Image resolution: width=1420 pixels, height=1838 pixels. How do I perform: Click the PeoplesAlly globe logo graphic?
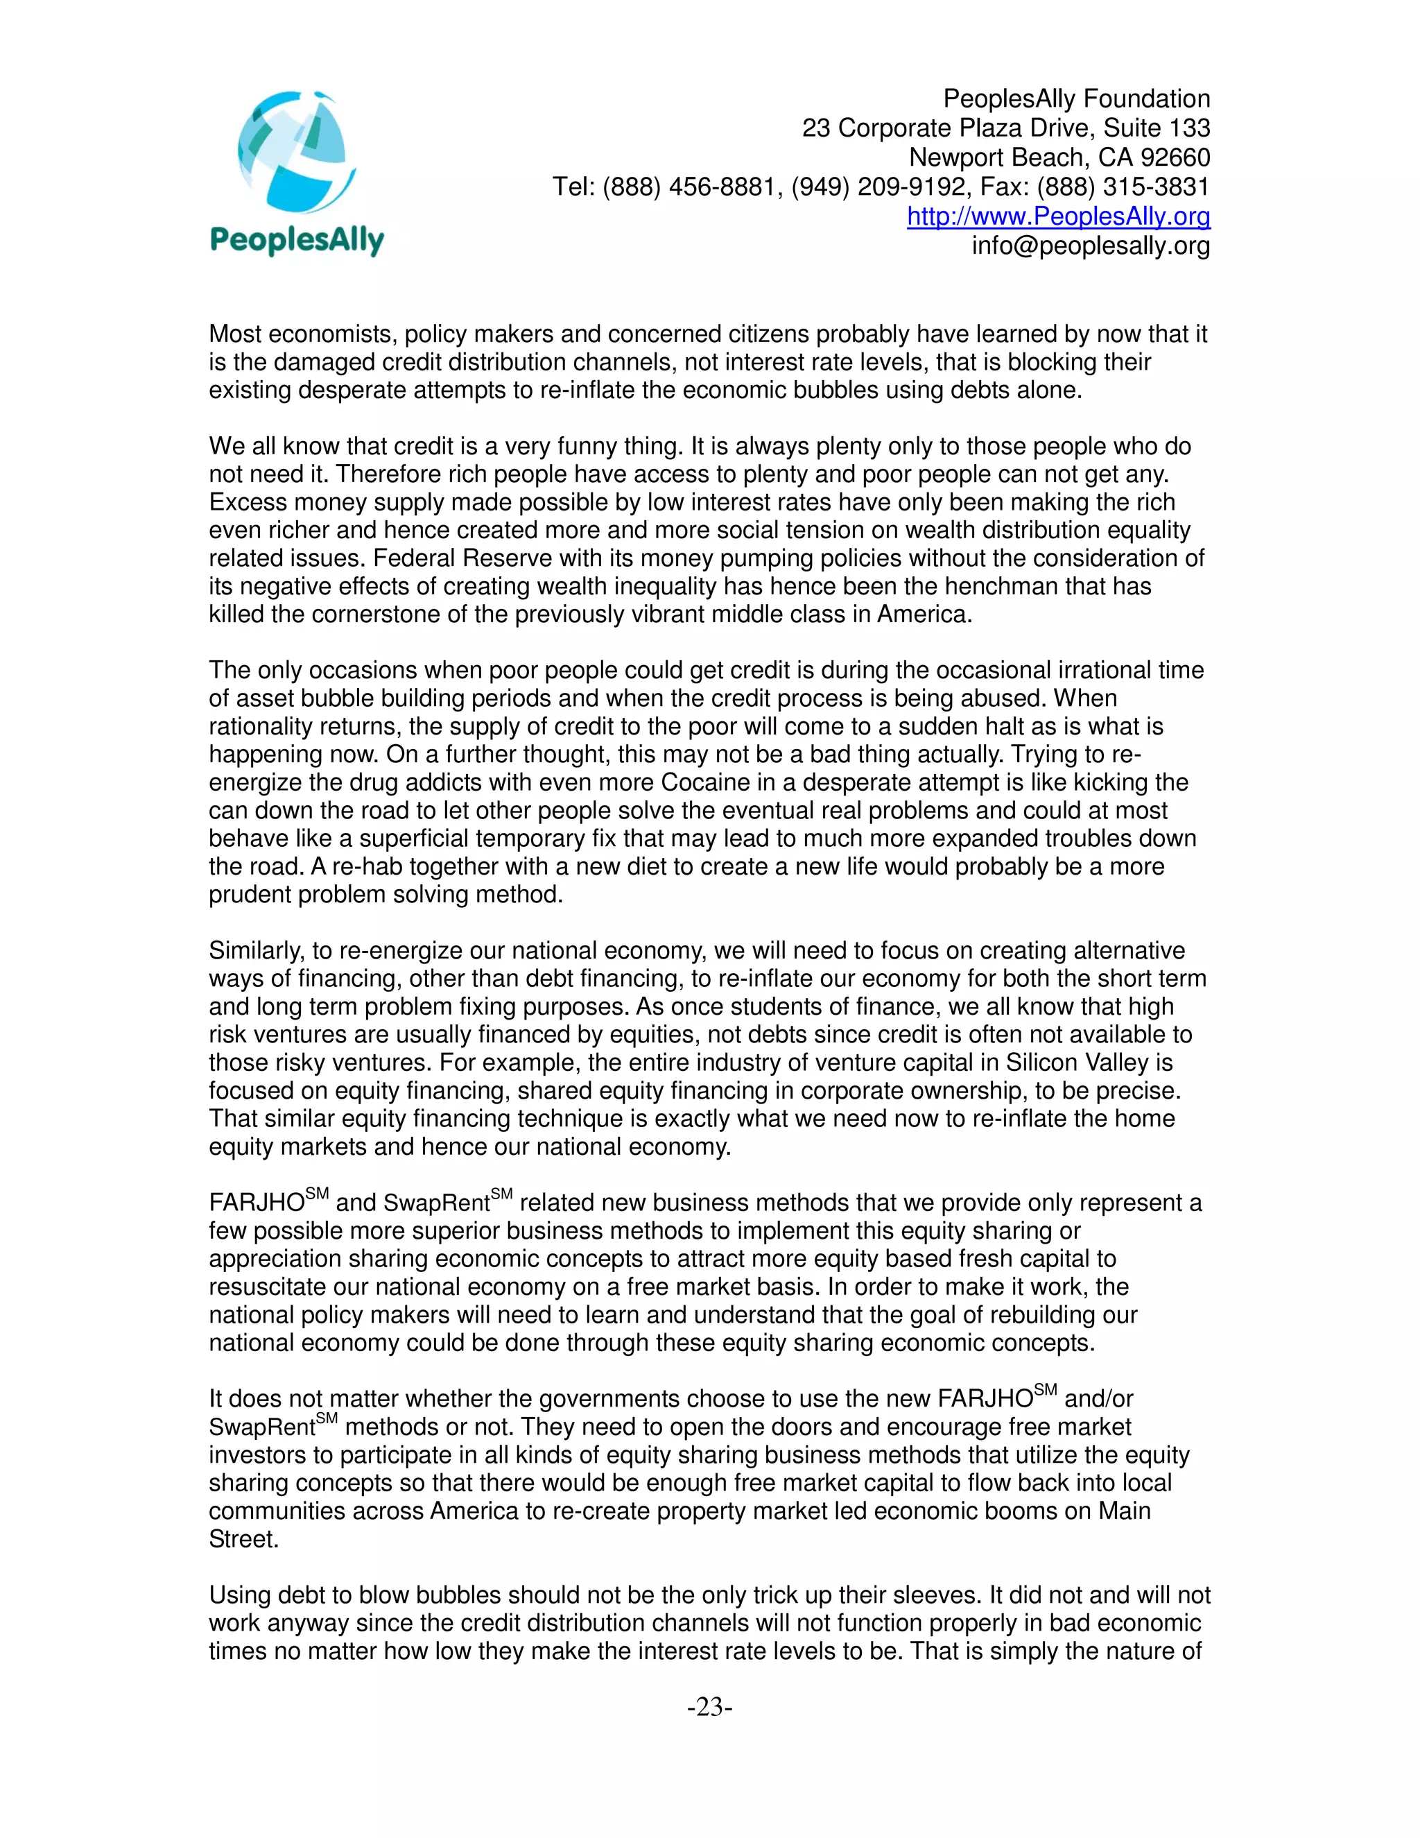pyautogui.click(x=296, y=154)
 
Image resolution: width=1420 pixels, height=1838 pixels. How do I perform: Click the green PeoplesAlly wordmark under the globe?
pyautogui.click(x=296, y=241)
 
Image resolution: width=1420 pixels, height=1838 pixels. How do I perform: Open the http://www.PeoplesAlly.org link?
pyautogui.click(x=1058, y=216)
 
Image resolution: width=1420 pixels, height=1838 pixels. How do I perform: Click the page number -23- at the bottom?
pyautogui.click(x=710, y=1707)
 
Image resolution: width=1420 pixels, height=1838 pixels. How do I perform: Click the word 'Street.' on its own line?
pyautogui.click(x=243, y=1539)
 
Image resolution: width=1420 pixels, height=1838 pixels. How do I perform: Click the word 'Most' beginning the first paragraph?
pyautogui.click(x=235, y=334)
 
